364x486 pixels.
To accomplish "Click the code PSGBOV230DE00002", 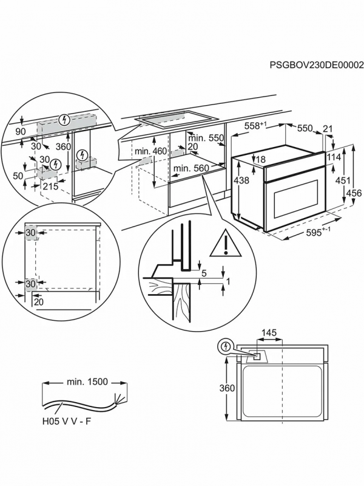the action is [x=316, y=73].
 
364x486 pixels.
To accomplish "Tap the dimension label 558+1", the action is [x=255, y=126].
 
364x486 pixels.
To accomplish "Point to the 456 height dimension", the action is [x=354, y=193].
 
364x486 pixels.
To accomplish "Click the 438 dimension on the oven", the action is [x=241, y=180].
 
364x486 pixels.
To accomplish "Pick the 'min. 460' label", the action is [x=150, y=151].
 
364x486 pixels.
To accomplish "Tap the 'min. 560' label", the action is [x=191, y=168].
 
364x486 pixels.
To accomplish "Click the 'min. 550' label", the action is [x=206, y=138].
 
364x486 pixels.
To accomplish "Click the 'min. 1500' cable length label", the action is [x=87, y=382].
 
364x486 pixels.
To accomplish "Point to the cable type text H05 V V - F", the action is [x=67, y=422].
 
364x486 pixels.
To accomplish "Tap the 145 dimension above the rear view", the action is [x=269, y=333].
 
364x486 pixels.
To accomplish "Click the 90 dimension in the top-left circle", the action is [x=21, y=132].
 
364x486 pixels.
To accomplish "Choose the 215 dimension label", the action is [x=50, y=187].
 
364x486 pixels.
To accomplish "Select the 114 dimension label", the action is [x=334, y=157].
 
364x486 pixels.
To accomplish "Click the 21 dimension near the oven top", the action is [x=328, y=129].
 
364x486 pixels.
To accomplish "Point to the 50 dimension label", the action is [x=18, y=176].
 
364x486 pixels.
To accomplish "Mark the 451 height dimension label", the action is [x=343, y=180].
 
